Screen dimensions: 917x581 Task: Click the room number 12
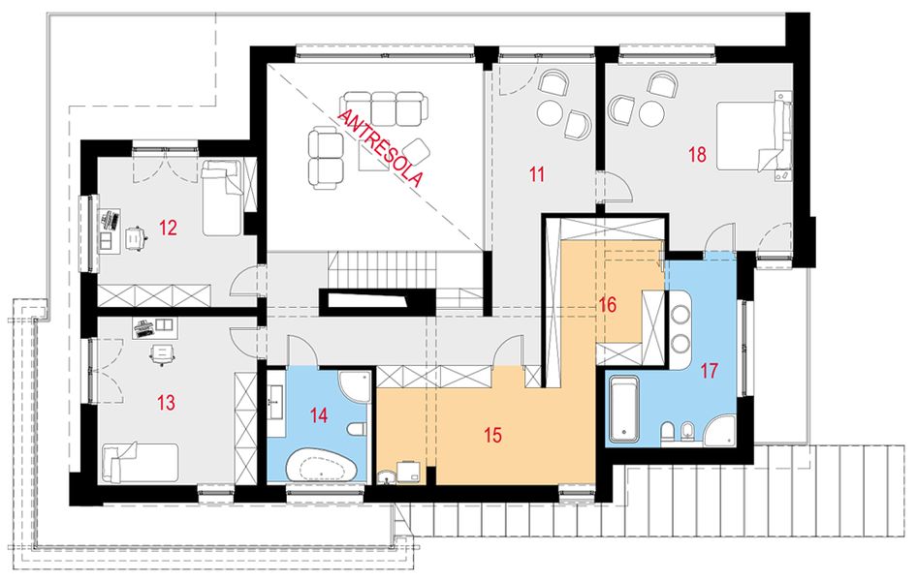point(168,228)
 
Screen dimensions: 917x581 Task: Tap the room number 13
point(167,402)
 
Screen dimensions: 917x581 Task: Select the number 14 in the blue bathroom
point(319,415)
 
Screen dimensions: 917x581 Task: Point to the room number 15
point(493,435)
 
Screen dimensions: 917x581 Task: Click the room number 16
point(608,305)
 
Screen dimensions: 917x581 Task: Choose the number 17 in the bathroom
point(709,371)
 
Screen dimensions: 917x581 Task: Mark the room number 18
point(697,155)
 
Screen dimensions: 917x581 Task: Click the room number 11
point(537,174)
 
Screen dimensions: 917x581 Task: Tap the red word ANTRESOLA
point(380,148)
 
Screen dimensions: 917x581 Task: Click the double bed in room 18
point(754,137)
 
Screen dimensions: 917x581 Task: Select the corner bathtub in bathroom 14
point(322,465)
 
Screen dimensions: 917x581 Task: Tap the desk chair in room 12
point(137,238)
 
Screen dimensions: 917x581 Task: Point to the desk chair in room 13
point(163,352)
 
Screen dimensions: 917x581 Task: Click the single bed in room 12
point(222,199)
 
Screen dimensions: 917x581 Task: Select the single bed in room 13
point(141,463)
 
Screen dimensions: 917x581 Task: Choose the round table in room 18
point(649,113)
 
